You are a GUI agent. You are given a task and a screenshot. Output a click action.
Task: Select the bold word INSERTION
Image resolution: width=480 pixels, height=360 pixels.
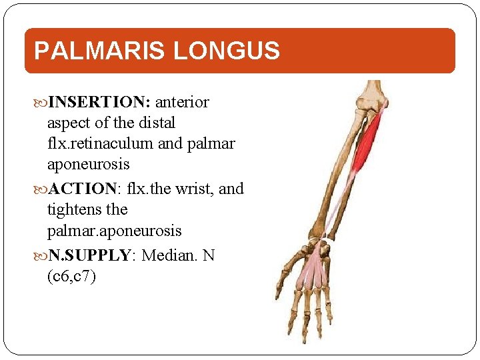point(100,102)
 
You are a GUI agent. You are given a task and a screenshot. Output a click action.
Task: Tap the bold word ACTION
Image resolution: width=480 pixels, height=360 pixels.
point(82,189)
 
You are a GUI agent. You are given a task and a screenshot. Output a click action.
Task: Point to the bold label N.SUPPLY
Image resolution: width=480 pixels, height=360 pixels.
point(93,255)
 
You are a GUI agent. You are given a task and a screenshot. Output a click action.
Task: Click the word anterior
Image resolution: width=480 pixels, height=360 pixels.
point(183,102)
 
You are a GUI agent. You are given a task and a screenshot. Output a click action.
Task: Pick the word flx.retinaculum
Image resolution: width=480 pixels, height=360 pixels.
point(97,143)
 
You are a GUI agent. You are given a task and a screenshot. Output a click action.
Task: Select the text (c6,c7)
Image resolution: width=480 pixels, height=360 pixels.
point(72,276)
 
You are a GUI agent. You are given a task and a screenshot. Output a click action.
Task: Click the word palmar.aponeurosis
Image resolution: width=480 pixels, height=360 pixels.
point(114,231)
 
